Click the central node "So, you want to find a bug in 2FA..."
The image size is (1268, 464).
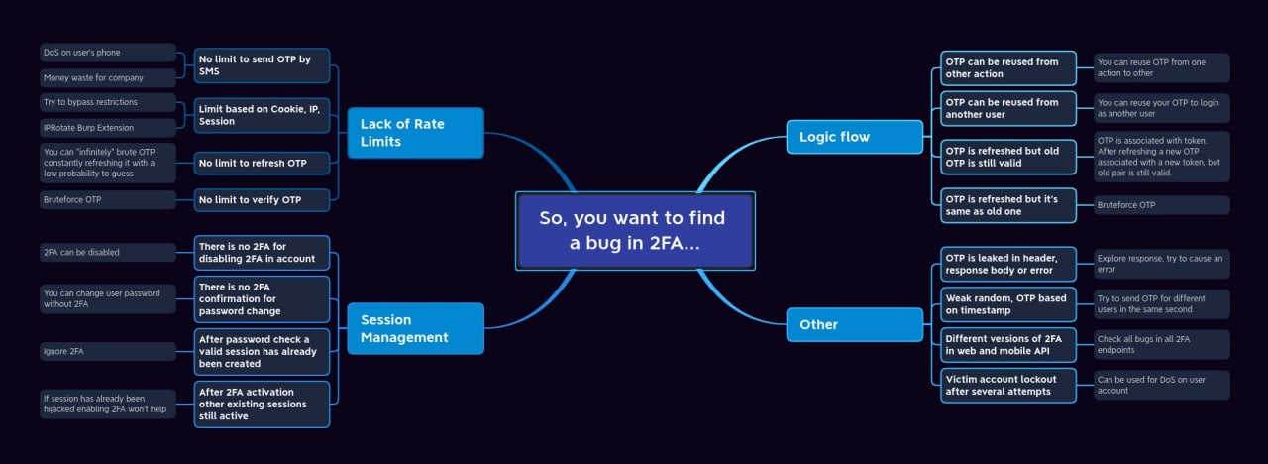coord(634,230)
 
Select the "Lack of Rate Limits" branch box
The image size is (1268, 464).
coord(415,133)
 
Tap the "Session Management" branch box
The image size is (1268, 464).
coord(415,329)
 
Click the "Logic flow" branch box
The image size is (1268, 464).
coord(854,137)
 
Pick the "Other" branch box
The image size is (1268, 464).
coord(854,324)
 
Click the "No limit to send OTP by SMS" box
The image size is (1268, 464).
coord(262,65)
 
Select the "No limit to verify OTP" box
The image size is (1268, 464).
coord(262,200)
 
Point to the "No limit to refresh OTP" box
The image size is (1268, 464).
coord(262,163)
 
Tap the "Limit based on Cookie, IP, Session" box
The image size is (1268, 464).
coord(262,115)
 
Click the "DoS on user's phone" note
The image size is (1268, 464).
coord(108,53)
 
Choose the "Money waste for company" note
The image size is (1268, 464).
coord(108,77)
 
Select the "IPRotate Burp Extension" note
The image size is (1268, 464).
coord(108,127)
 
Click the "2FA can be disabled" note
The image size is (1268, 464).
coord(108,252)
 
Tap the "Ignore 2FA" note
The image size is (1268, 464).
coord(108,351)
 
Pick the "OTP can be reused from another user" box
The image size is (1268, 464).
coord(1006,108)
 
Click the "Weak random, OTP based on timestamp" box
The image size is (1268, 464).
coord(1006,304)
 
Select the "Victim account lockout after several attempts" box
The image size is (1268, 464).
coord(1006,385)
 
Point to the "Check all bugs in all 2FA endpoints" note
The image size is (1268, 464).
coord(1161,344)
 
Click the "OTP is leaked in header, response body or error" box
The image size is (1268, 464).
coord(1006,264)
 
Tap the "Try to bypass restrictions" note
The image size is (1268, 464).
coord(108,102)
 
